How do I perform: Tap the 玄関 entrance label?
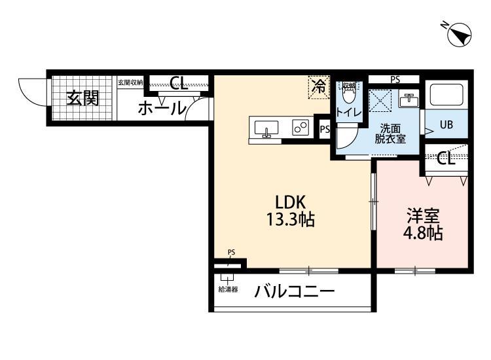(x=82, y=98)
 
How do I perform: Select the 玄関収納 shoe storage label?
(x=130, y=82)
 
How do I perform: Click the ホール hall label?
(x=161, y=109)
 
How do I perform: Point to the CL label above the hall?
(x=178, y=83)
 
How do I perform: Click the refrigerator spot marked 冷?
(x=319, y=86)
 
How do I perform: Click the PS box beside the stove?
(x=324, y=130)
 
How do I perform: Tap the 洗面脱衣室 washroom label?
(x=390, y=133)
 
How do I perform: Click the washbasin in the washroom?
(x=409, y=99)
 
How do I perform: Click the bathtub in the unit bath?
(x=446, y=96)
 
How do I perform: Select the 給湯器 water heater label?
(x=228, y=289)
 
